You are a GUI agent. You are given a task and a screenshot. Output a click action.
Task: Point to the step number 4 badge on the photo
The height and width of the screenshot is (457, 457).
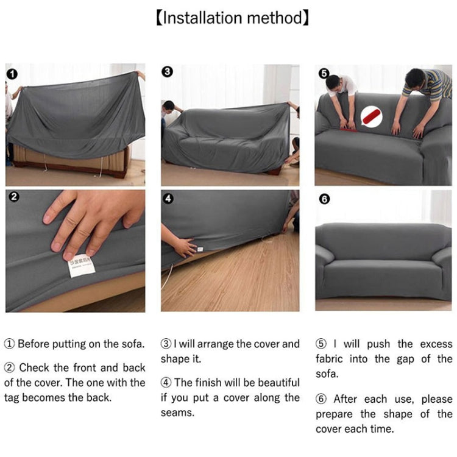(x=168, y=199)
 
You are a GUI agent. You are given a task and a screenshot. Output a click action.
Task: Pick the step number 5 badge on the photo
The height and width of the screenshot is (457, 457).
(x=324, y=73)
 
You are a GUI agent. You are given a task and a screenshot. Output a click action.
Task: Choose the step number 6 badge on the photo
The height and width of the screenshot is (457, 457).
(x=324, y=199)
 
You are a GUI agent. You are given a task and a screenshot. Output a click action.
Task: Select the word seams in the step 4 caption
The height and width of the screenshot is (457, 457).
(x=177, y=413)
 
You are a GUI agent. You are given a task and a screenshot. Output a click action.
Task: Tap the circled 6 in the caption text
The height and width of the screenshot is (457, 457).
(x=321, y=399)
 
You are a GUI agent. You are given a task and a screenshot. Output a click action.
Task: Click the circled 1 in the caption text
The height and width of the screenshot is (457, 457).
(x=9, y=344)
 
